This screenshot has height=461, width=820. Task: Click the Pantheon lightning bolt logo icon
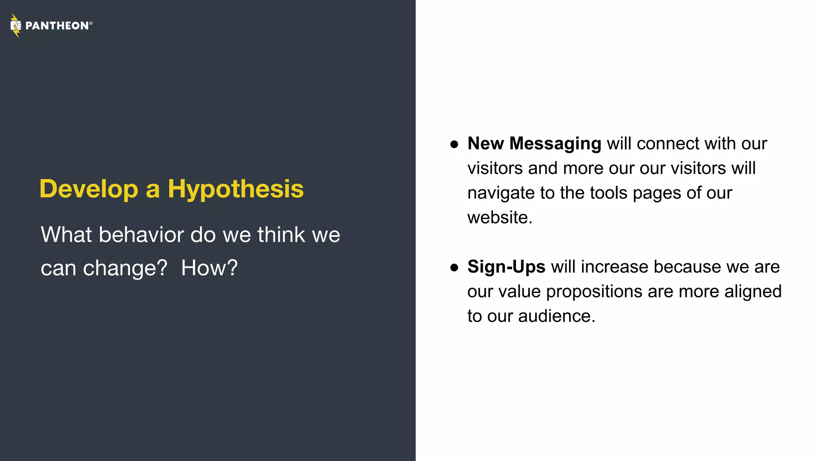16,26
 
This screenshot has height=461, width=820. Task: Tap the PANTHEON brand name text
57,26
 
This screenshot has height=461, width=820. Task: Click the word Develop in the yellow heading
88,189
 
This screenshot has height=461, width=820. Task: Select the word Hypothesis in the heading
235,189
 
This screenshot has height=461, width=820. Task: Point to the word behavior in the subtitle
141,235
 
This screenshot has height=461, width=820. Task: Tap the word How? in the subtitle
209,268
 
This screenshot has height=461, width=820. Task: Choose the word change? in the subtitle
125,268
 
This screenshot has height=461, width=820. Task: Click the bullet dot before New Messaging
454,144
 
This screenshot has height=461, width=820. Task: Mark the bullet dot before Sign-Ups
454,267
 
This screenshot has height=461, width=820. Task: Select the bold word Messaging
555,144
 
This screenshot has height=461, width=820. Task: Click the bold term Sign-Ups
506,267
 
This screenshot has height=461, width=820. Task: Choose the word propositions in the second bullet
594,292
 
